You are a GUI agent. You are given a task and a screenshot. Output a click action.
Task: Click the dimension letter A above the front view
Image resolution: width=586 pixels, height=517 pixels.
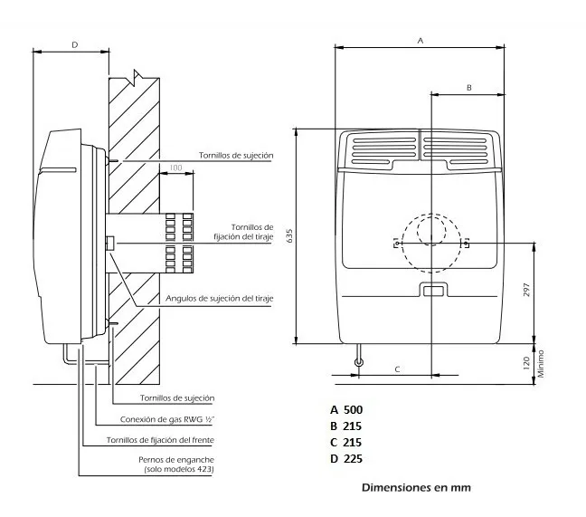420,41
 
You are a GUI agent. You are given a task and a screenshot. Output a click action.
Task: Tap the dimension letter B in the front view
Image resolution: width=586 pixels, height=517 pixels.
468,87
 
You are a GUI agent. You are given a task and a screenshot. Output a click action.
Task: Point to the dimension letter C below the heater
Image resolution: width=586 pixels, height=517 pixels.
396,369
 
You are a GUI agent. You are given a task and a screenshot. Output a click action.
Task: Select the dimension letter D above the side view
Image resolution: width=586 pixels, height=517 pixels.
74,43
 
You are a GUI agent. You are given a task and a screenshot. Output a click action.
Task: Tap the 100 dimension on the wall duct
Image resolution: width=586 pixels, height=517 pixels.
175,168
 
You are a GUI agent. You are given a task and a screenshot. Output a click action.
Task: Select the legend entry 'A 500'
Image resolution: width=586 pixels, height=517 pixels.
346,409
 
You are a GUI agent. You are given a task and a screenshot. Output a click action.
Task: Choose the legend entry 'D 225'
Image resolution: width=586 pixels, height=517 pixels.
346,458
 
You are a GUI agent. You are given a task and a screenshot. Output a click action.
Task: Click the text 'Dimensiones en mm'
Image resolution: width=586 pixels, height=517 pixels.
416,487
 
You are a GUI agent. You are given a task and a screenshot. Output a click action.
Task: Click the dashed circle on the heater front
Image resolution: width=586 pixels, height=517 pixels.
431,242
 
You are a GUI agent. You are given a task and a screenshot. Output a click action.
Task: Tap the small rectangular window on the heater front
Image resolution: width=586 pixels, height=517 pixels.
431,290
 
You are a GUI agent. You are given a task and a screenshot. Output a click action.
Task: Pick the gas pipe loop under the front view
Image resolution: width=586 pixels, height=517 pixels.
359,363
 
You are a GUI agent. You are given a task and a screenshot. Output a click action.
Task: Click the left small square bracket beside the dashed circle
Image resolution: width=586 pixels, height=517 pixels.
396,243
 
